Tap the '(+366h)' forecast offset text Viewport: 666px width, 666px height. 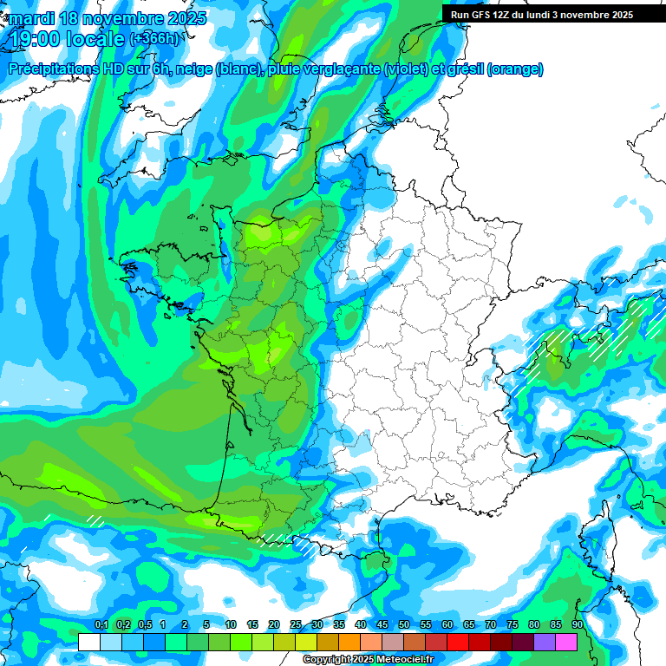tap(153, 38)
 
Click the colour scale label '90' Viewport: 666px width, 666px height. tap(577, 624)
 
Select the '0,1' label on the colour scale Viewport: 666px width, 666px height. tap(101, 624)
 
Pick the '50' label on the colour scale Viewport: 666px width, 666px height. tap(404, 624)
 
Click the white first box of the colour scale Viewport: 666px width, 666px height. tap(88, 642)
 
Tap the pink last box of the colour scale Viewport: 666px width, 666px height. tap(566, 642)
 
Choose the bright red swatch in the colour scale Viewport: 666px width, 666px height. tap(458, 642)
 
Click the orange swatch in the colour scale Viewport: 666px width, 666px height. tap(349, 642)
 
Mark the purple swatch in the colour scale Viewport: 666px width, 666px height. tap(545, 642)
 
